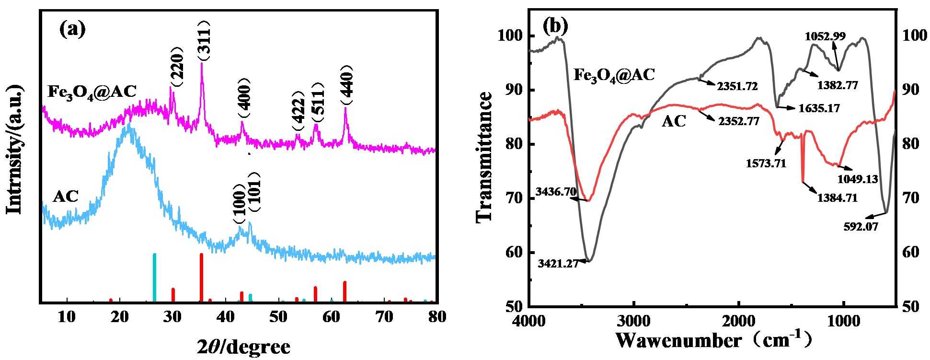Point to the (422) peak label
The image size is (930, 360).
299,111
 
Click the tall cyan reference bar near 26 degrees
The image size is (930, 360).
154,278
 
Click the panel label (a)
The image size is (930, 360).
72,30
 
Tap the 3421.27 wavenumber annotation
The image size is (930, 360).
558,263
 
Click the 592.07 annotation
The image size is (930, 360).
861,227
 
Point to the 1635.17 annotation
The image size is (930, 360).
819,108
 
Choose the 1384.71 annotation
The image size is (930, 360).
837,197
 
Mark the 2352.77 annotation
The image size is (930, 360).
738,121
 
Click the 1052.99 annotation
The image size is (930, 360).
825,36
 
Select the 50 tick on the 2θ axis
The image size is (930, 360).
278,317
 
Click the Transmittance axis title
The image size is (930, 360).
484,157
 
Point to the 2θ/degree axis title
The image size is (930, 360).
243,346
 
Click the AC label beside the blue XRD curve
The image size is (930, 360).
66,196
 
